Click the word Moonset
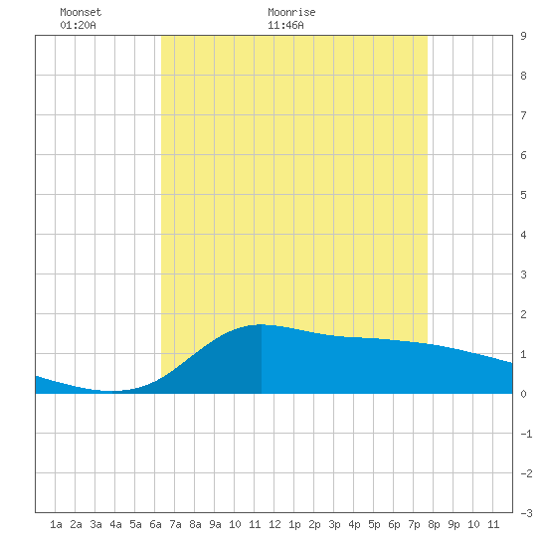(x=81, y=12)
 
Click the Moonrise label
(x=291, y=12)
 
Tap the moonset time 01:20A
(x=78, y=25)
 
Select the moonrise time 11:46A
(x=285, y=25)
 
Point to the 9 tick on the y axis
(x=523, y=36)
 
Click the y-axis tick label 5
(x=523, y=195)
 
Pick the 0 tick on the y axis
(x=523, y=394)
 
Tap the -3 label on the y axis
(x=526, y=513)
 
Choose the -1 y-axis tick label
(x=526, y=434)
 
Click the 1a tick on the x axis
(x=56, y=524)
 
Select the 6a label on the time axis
(x=155, y=524)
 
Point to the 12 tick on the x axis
(x=274, y=524)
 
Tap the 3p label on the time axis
(x=334, y=524)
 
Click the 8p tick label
(x=434, y=524)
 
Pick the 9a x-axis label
(x=215, y=524)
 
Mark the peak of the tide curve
(x=262, y=324)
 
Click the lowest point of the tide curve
(x=108, y=391)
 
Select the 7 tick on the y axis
(x=523, y=115)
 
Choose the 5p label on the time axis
(x=374, y=524)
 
